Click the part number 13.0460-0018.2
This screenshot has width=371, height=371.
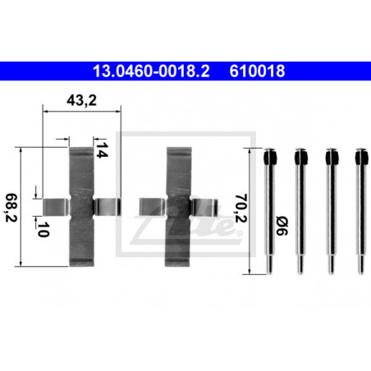click(151, 71)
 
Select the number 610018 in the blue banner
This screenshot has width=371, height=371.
click(257, 71)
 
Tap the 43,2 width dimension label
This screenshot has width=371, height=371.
click(81, 100)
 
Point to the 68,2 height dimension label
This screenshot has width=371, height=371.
click(11, 208)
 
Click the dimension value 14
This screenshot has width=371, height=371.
click(102, 150)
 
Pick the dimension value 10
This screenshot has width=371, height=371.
click(44, 229)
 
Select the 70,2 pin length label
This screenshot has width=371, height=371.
click(241, 208)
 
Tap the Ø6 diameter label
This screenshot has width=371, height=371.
click(282, 226)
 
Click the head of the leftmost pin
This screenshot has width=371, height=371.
click(270, 156)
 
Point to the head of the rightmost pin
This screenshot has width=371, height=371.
click(362, 156)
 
